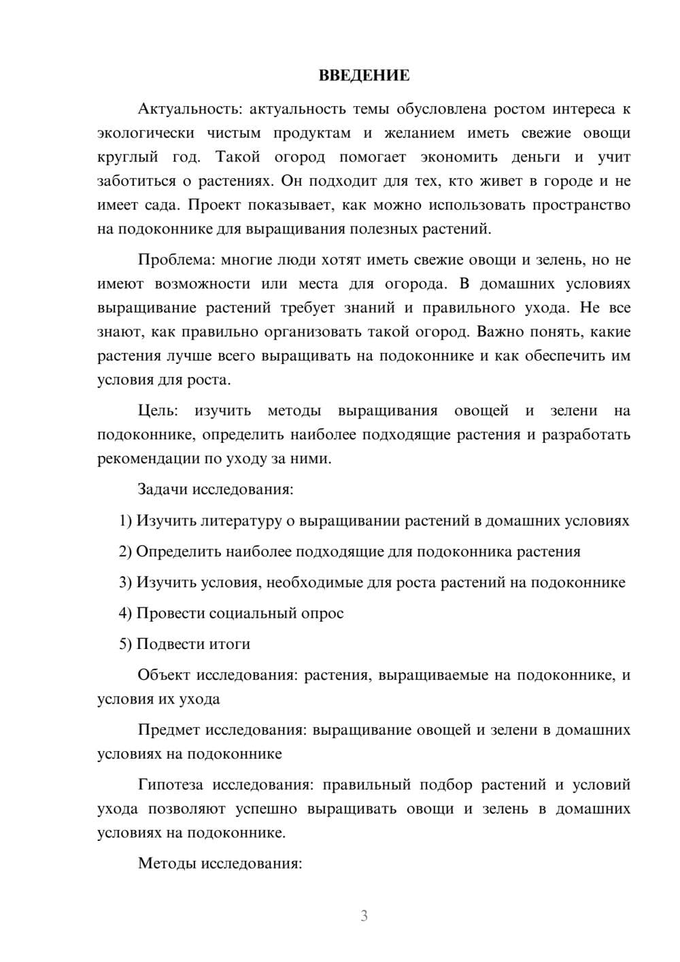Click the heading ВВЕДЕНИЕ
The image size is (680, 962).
tap(364, 75)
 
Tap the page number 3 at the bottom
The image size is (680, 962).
tap(364, 916)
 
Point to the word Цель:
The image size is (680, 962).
tap(158, 410)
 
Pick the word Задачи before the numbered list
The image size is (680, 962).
tap(163, 489)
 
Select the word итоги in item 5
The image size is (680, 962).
tap(229, 644)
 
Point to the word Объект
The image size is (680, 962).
tap(164, 675)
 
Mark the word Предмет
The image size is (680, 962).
tap(169, 730)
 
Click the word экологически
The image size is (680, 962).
tap(146, 133)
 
